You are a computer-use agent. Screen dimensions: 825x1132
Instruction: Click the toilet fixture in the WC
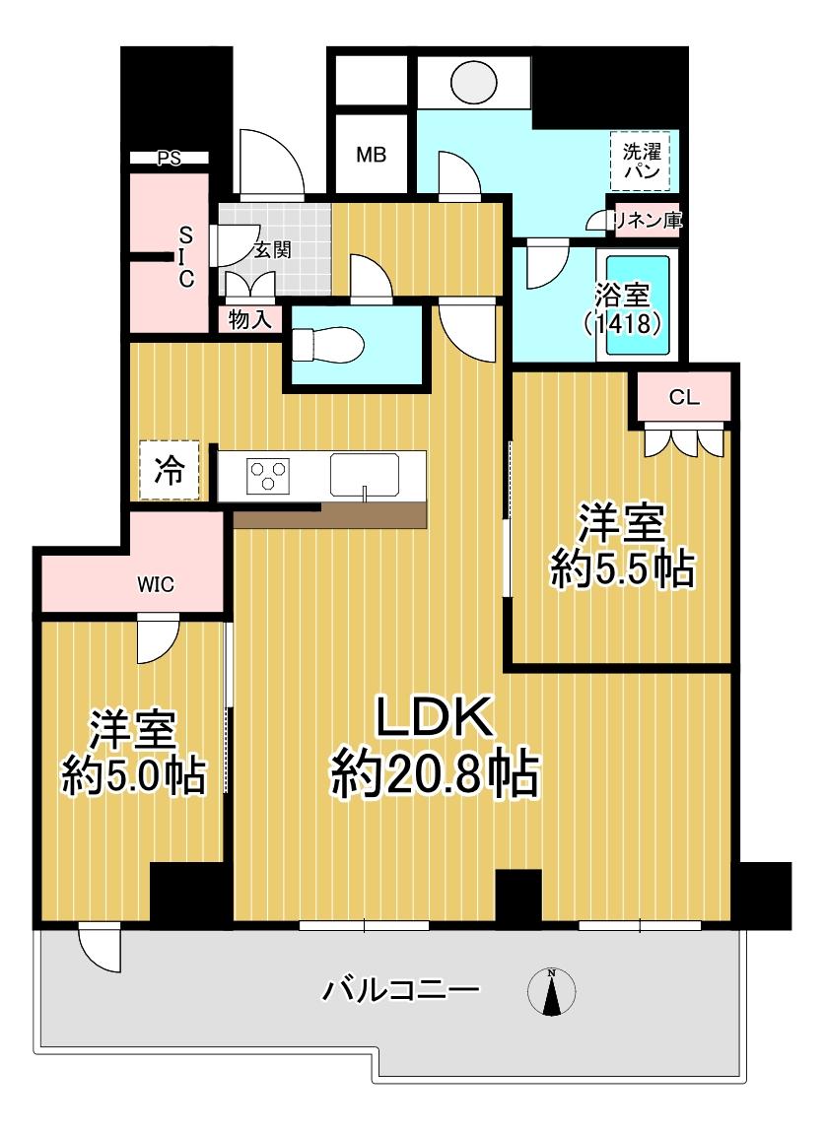pos(325,345)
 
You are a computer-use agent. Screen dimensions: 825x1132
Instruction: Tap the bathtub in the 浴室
pos(638,305)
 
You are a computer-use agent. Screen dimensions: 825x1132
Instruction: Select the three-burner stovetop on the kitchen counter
pos(268,476)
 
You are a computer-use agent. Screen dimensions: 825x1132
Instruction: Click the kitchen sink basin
pos(365,474)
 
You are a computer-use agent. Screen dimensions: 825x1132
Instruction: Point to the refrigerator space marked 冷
pos(170,470)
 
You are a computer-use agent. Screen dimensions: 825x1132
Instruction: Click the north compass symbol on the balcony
pos(552,993)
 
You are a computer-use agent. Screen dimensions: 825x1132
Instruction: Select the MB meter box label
pos(372,155)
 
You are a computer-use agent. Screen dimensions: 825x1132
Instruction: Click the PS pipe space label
pos(170,158)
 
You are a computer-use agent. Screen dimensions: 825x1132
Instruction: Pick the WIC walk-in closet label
pos(156,584)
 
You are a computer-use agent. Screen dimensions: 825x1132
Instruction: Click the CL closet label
pos(684,397)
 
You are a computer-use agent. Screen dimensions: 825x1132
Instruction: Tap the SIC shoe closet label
pos(186,256)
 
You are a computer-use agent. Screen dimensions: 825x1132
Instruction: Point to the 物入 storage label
pos(250,319)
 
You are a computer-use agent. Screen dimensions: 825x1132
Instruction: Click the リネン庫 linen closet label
pos(648,220)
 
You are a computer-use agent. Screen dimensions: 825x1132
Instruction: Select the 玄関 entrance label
pos(272,250)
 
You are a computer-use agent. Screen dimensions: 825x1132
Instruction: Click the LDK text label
pos(434,717)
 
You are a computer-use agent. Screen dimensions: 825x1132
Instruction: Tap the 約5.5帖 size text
pos(622,569)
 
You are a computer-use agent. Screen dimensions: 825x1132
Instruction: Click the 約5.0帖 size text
pos(134,776)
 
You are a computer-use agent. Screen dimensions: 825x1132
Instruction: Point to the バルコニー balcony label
pos(401,990)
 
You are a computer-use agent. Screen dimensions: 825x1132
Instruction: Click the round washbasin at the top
pos(474,80)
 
